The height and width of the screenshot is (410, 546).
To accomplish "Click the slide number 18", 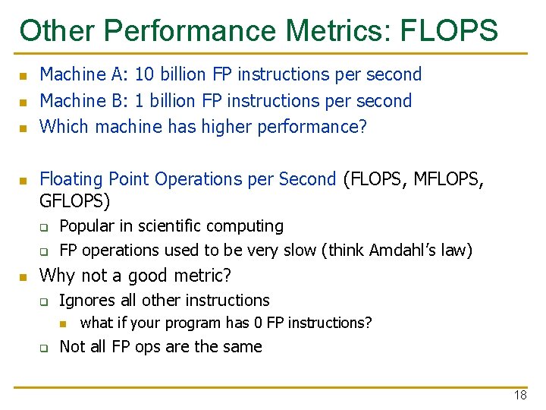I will pos(519,395).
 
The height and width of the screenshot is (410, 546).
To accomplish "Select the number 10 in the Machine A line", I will pos(145,74).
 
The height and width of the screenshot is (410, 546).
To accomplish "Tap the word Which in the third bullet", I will pos(63,127).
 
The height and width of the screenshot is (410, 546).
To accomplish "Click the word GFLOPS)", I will pos(75,201).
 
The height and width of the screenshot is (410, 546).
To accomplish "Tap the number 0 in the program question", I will pos(259,323).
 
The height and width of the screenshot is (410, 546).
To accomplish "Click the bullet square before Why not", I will pos(24,277).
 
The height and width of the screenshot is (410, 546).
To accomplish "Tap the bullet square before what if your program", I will pos(64,324).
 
